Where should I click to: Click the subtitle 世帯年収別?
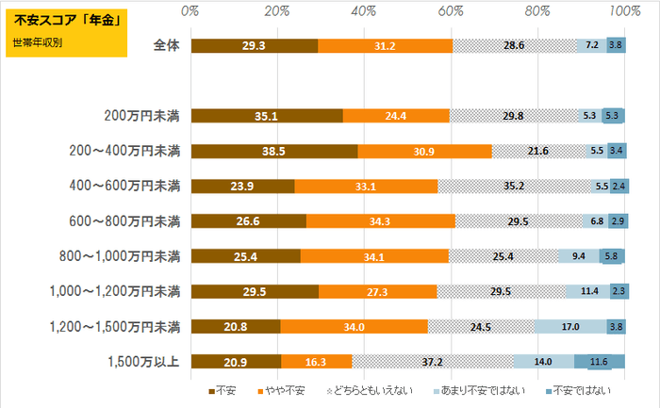pos(36,41)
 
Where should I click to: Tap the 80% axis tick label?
pos(537,10)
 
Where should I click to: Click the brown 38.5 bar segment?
pos(273,151)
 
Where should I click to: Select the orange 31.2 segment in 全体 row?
pos(385,45)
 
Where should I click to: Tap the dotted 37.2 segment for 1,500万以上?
pos(434,361)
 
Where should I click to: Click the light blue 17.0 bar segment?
pos(570,326)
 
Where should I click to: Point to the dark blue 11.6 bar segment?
pos(599,361)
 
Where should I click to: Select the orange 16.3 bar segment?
pos(316,361)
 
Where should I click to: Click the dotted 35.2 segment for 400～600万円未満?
pos(514,186)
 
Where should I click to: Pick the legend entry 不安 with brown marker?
pos(223,388)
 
